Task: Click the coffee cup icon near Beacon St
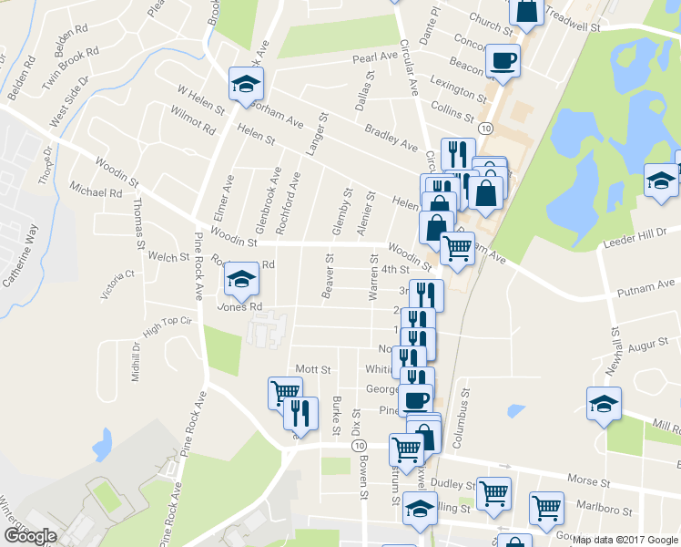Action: pyautogui.click(x=503, y=61)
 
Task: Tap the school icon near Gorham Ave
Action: pyautogui.click(x=246, y=84)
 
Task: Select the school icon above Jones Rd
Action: pyautogui.click(x=241, y=279)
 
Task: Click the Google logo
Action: pyautogui.click(x=30, y=536)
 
